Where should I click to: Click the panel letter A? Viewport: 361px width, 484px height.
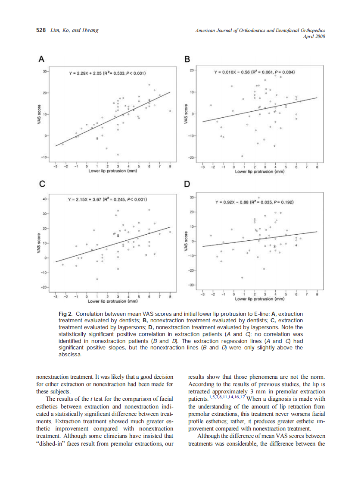point(41,59)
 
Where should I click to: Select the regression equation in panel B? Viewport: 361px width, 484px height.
point(254,72)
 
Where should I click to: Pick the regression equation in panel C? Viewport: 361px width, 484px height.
point(108,200)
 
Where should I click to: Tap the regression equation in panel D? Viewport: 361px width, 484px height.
point(255,201)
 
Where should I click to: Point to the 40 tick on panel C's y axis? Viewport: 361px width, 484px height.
point(44,199)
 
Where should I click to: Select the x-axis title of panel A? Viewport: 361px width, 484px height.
point(112,171)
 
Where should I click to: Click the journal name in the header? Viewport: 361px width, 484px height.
point(260,31)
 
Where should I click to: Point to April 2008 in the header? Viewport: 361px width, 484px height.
point(314,36)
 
